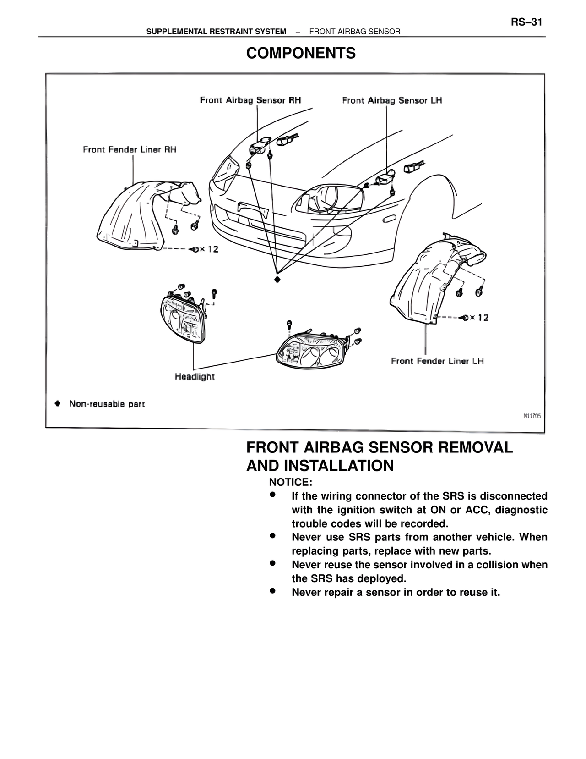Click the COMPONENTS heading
point(301,54)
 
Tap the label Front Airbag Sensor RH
point(250,100)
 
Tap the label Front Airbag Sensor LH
point(392,100)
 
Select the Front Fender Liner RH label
point(130,150)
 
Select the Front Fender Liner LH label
point(437,361)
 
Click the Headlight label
point(195,377)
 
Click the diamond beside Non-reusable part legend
point(57,404)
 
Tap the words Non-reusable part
point(107,404)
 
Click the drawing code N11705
point(532,416)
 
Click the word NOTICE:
point(290,483)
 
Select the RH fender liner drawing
point(137,215)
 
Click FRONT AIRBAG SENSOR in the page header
point(355,32)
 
